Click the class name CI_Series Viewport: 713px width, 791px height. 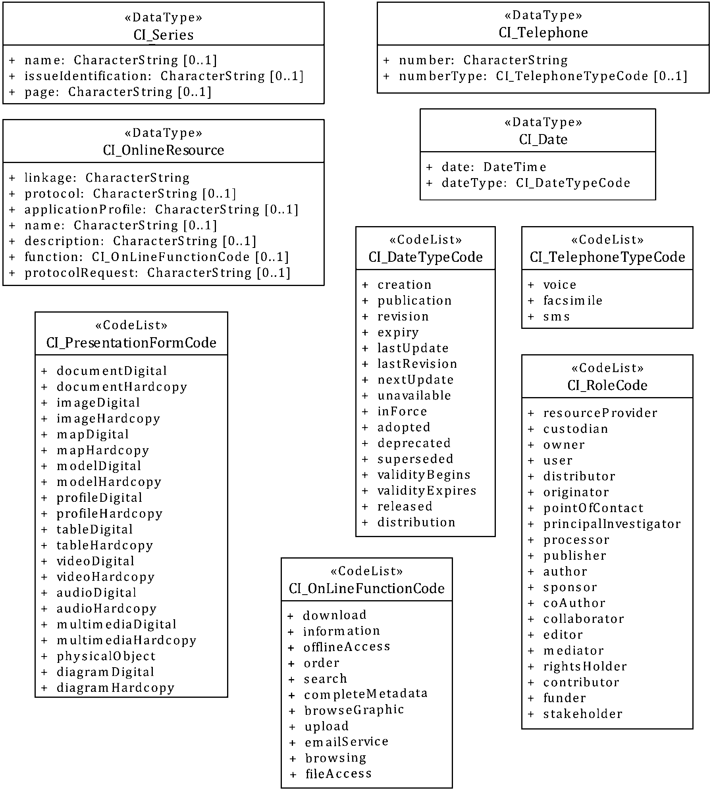pos(164,35)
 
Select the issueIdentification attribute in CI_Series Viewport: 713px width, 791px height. pos(164,76)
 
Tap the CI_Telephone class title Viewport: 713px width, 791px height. pos(543,33)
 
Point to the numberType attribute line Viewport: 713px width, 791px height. pos(543,76)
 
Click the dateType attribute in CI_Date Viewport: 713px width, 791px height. pos(536,183)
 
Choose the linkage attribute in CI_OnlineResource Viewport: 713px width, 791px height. pos(107,178)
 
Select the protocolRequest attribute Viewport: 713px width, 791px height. pos(157,273)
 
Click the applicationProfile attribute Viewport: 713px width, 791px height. pos(161,209)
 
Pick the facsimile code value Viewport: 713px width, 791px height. pos(572,301)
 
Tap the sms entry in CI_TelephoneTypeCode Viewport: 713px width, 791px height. pos(556,317)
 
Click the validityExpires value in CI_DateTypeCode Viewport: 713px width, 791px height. pos(426,491)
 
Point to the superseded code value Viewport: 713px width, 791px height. pos(415,459)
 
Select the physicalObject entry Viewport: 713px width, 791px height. pos(106,656)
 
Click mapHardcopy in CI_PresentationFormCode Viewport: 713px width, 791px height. pos(103,450)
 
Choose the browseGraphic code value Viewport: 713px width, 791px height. pos(354,710)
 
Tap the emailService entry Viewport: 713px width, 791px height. pos(347,741)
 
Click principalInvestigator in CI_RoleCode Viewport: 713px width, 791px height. pos(612,524)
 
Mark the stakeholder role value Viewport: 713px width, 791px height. pos(583,714)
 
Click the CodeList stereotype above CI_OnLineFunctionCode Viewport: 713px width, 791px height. pos(366,571)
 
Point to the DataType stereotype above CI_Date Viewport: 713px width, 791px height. pos(543,122)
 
